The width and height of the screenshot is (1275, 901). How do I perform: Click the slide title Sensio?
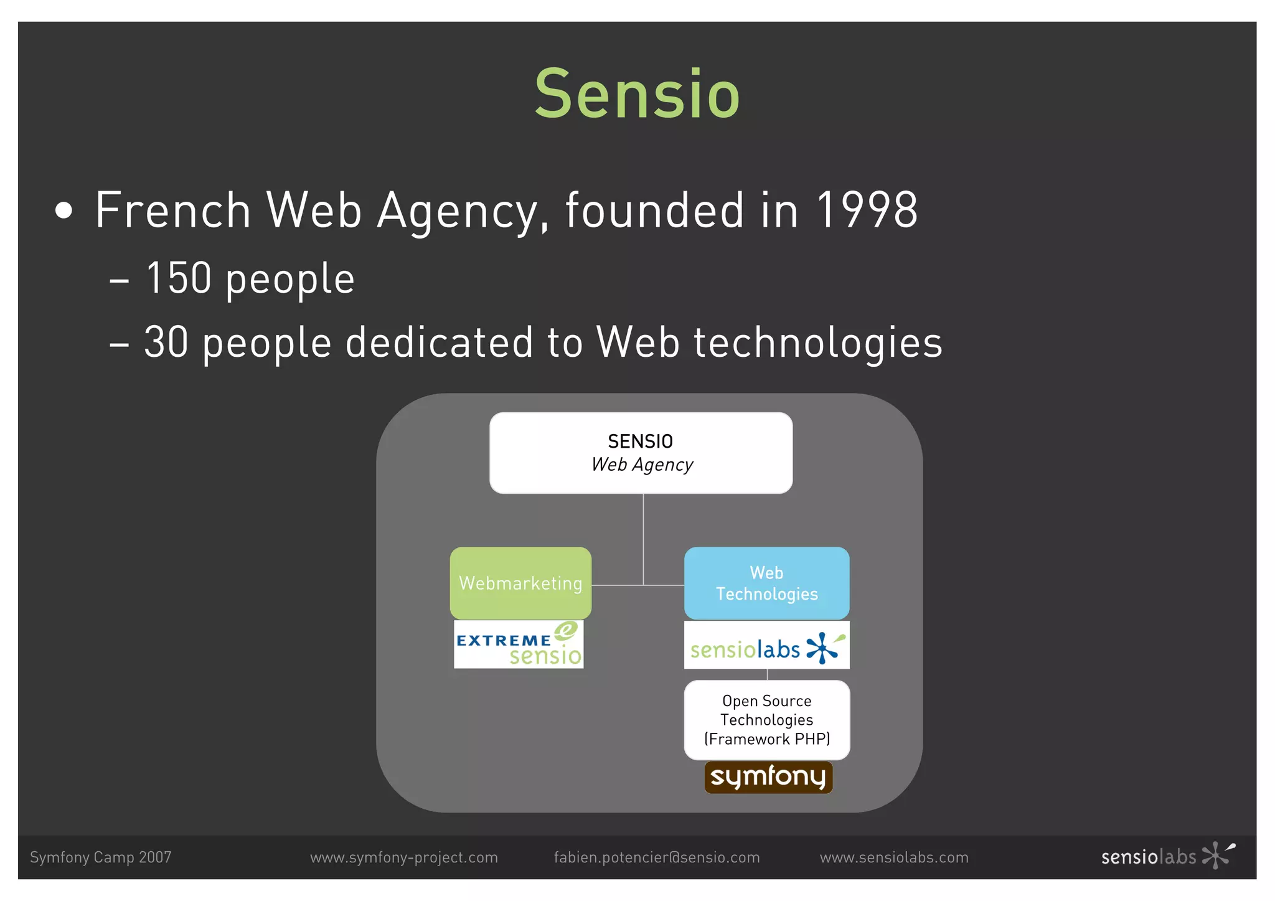(x=637, y=95)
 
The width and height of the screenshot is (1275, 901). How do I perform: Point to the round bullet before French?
(x=64, y=211)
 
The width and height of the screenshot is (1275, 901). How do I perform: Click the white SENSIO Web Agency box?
(x=641, y=453)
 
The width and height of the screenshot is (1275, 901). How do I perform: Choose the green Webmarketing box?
(x=520, y=583)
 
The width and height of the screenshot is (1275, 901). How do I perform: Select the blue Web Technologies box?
(x=766, y=583)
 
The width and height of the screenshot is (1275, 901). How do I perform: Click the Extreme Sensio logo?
(x=519, y=644)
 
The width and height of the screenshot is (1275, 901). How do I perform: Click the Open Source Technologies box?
(x=766, y=720)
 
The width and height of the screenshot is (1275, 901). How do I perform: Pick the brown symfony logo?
(x=768, y=777)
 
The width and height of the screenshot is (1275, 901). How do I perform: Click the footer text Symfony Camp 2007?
(x=101, y=857)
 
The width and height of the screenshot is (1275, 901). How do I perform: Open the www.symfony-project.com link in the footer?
(x=404, y=857)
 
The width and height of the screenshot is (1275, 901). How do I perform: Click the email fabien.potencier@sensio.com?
(x=657, y=857)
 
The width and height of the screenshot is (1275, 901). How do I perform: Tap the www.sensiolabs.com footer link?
(x=894, y=857)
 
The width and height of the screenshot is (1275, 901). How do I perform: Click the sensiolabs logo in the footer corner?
(x=1167, y=856)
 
